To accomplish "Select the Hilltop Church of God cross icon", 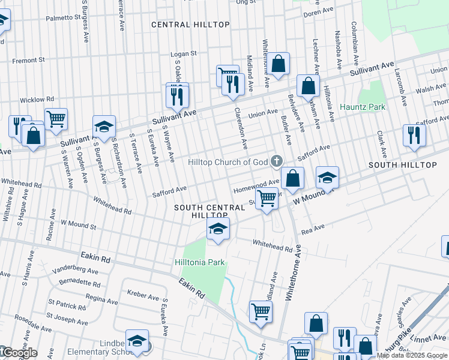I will tap(276, 161).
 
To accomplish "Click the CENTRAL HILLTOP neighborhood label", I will tap(190, 25).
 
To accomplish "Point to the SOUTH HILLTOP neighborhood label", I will tap(402, 164).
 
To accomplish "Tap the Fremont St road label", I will tap(29, 60).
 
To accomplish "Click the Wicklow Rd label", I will tap(37, 99).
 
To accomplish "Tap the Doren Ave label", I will tap(318, 11).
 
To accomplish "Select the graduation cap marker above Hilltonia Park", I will tap(217, 229).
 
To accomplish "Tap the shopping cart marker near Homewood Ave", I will tap(267, 197).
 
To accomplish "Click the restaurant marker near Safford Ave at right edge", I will tap(414, 135).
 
